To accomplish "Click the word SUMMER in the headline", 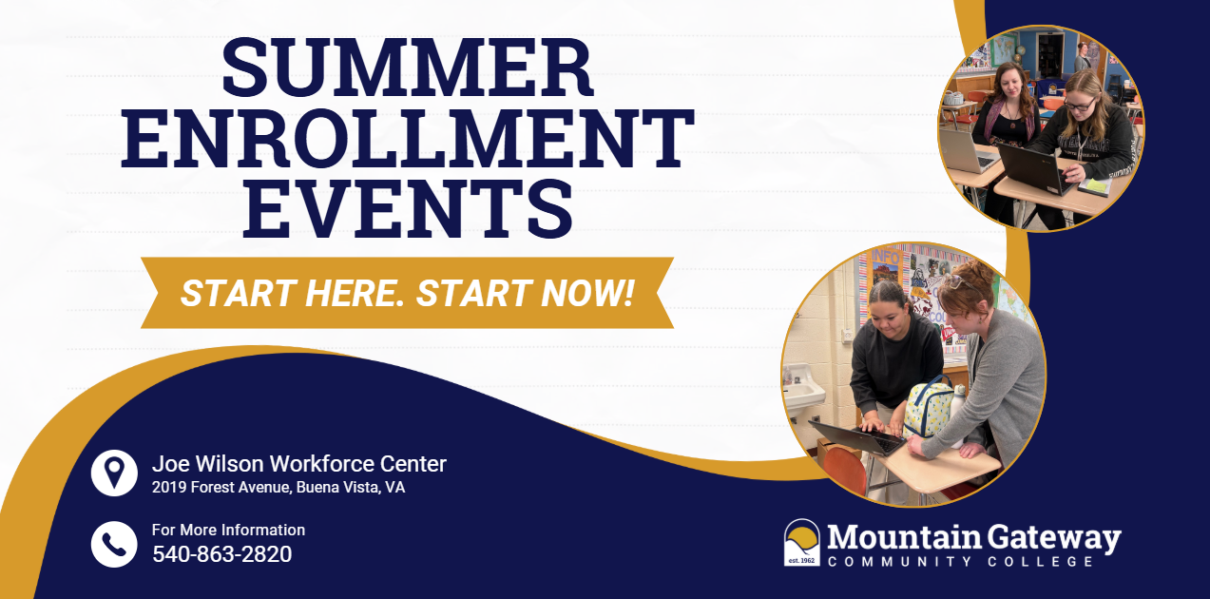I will click(x=408, y=70).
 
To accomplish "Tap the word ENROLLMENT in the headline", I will click(x=408, y=139).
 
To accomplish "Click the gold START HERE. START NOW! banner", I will click(x=407, y=293).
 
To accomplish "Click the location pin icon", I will click(x=114, y=473).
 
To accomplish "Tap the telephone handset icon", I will click(x=114, y=544).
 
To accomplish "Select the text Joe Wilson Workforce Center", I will click(x=298, y=464).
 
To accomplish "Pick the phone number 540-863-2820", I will click(x=221, y=553).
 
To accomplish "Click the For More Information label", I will click(x=228, y=530).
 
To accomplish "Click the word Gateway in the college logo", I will click(x=1055, y=537).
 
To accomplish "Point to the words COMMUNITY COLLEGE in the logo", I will click(x=960, y=562).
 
